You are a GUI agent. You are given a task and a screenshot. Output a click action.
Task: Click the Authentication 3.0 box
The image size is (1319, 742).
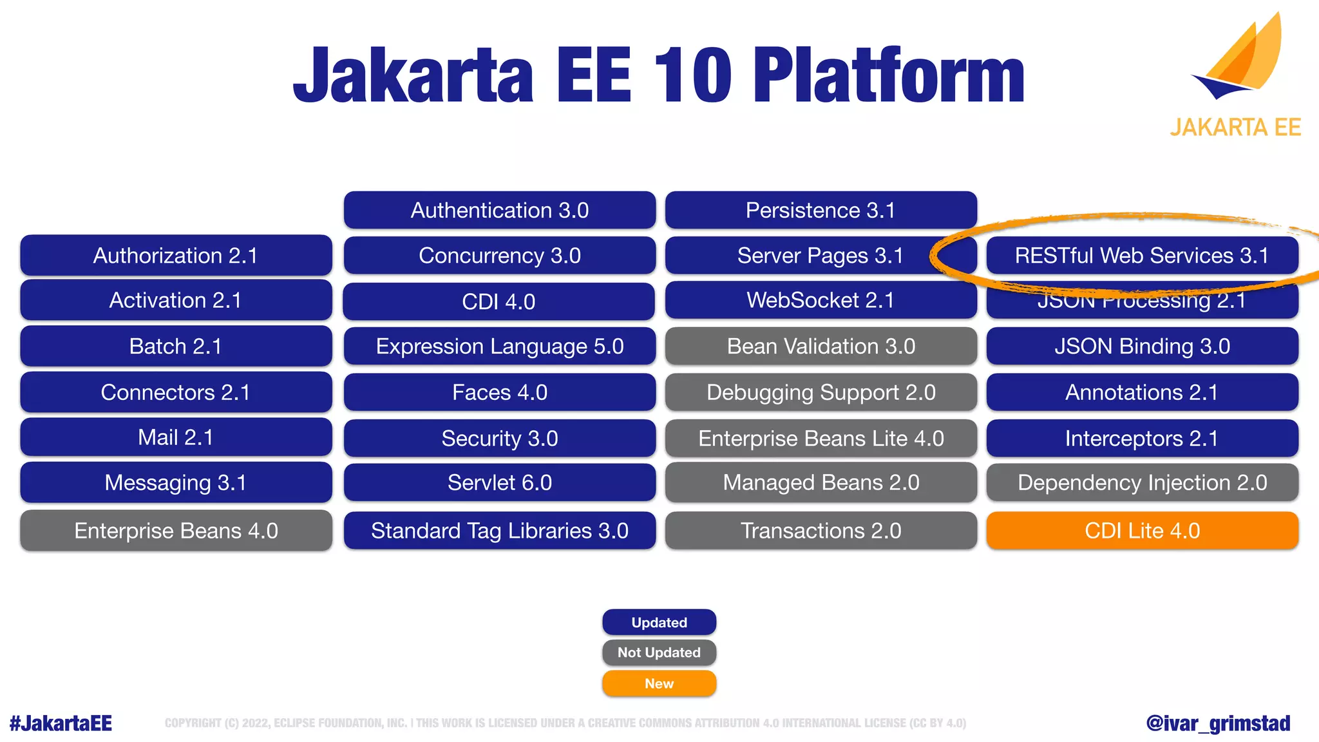click(x=500, y=210)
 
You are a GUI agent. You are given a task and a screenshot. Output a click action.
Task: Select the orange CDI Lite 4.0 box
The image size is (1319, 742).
click(x=1142, y=531)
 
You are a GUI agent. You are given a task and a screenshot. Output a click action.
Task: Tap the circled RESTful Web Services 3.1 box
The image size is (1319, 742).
click(x=1142, y=256)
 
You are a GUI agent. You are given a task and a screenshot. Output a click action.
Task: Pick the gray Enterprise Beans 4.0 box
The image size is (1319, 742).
click(x=176, y=531)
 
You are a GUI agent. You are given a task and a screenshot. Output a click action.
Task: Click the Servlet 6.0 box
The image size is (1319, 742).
click(x=500, y=482)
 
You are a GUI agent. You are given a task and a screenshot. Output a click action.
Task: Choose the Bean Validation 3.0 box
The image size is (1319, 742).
click(x=821, y=347)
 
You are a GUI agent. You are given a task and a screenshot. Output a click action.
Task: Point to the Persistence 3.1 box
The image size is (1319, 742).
click(x=821, y=210)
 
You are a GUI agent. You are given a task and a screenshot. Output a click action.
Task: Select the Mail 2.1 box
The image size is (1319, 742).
click(x=176, y=437)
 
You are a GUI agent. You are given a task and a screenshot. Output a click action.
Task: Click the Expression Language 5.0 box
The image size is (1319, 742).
click(x=500, y=347)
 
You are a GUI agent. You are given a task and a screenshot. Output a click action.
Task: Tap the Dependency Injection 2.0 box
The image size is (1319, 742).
click(x=1142, y=482)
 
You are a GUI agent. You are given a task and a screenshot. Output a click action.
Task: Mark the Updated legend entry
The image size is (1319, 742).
click(x=659, y=622)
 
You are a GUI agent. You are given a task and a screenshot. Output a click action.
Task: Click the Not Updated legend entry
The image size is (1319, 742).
click(x=659, y=652)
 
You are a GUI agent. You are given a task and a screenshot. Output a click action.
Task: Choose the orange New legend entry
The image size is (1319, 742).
click(x=659, y=683)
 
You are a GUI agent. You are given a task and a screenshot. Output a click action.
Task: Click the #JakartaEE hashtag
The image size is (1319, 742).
click(x=61, y=723)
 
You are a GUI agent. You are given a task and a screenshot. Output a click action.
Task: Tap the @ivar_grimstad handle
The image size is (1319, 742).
click(x=1218, y=723)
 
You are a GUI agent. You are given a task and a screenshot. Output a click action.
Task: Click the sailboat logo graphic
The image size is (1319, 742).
click(x=1240, y=61)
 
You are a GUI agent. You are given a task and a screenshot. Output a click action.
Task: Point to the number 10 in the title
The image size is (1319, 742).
click(x=692, y=75)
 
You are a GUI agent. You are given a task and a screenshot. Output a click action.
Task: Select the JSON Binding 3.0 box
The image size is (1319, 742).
click(x=1142, y=347)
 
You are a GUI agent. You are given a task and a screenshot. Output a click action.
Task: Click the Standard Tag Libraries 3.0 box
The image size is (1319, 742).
click(x=500, y=531)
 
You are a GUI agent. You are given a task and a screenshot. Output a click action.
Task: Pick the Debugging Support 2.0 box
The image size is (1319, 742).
click(x=821, y=392)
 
